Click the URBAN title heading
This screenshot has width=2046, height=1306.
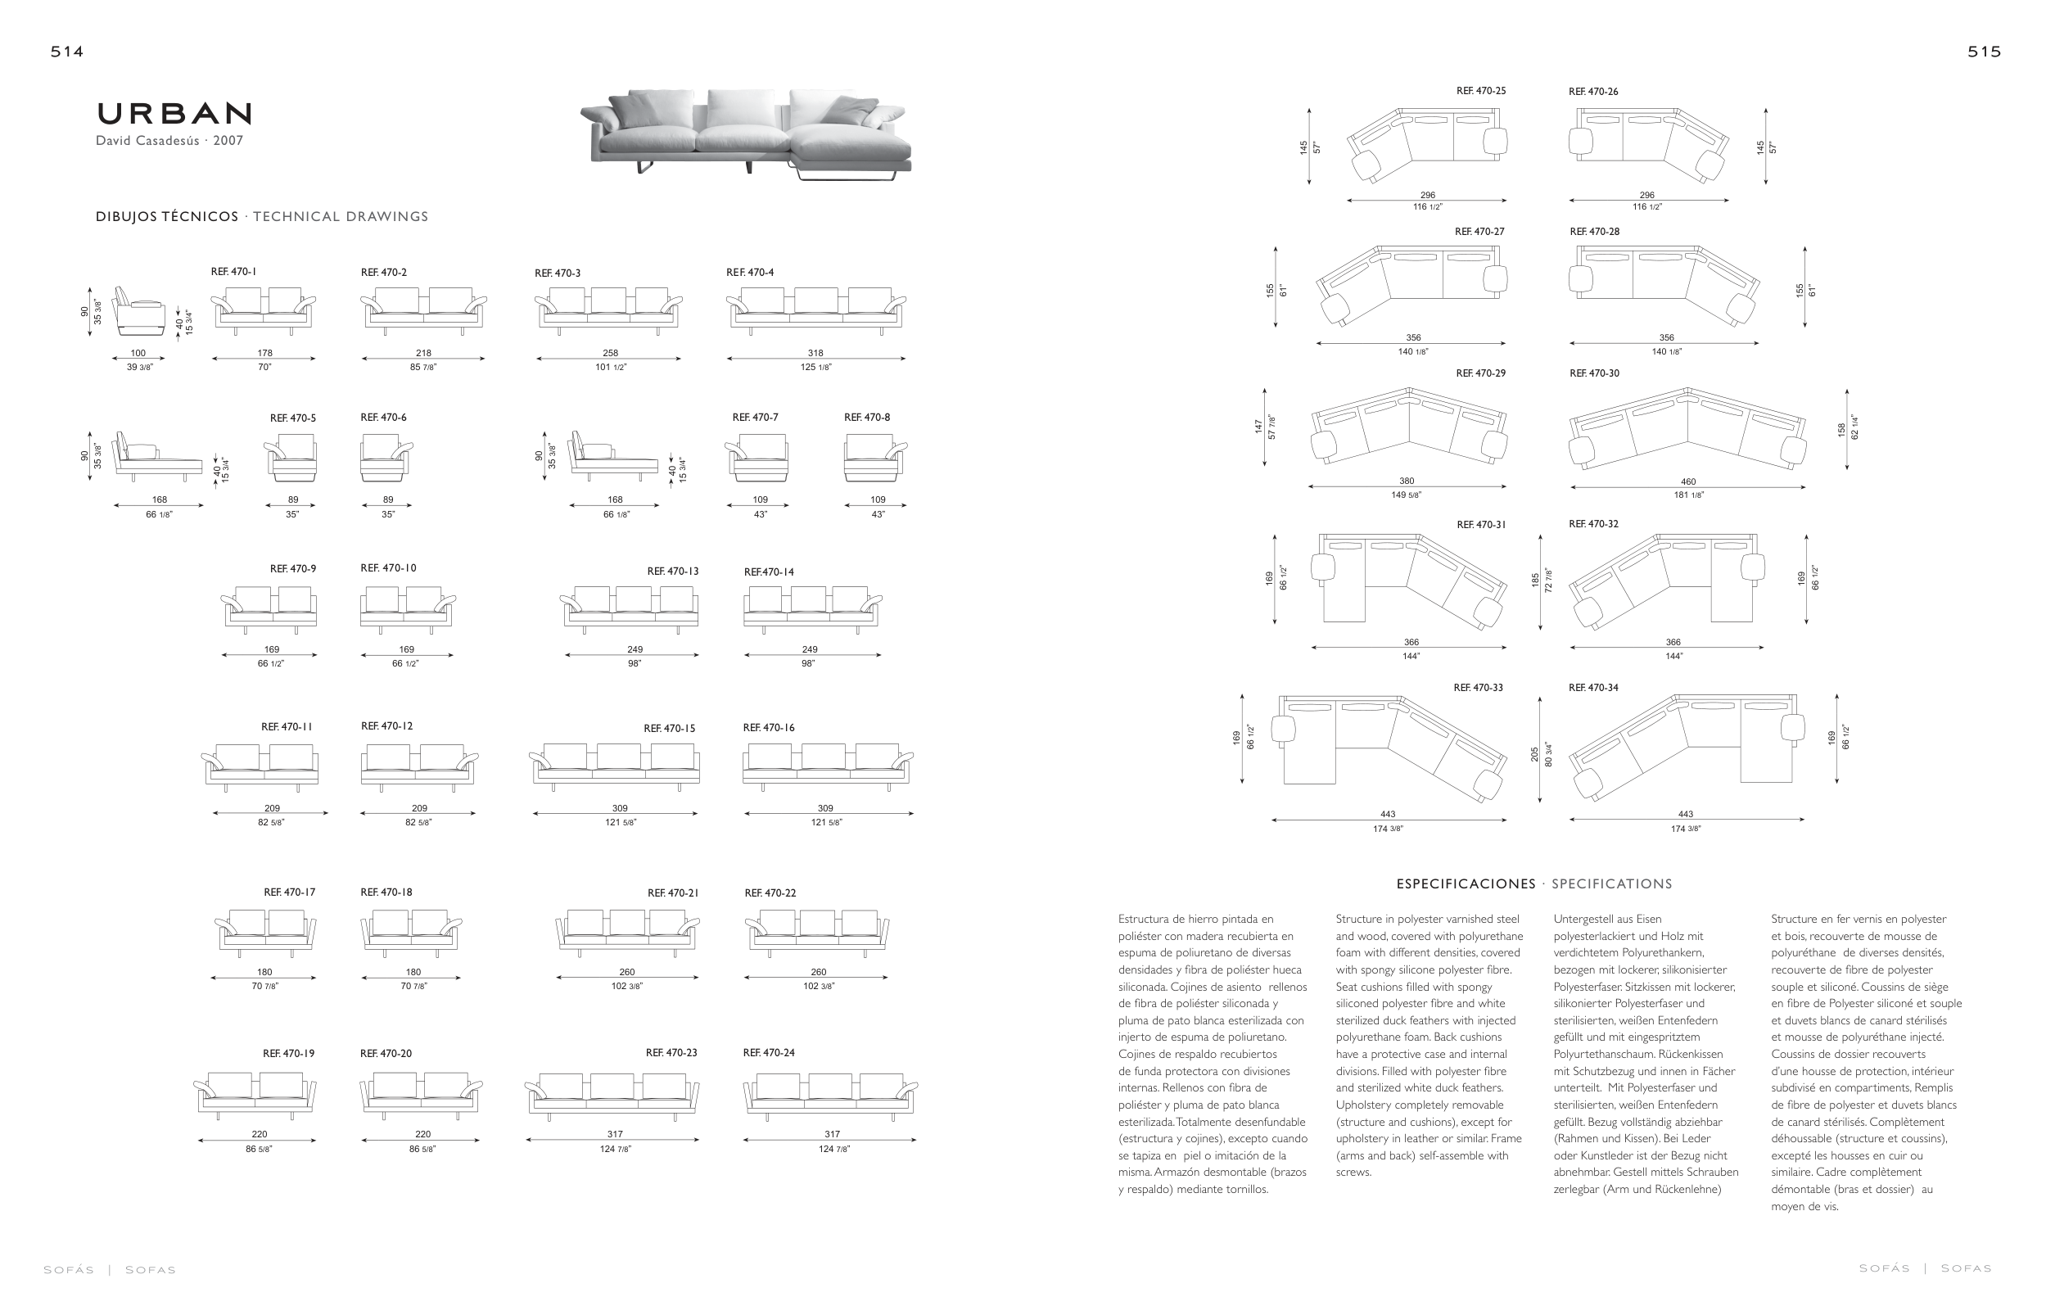click(x=174, y=114)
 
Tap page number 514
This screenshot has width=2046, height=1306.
click(x=67, y=52)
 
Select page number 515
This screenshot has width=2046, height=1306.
click(x=1984, y=52)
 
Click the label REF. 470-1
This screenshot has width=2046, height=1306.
click(x=233, y=272)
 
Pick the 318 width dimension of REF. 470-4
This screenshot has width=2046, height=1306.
click(x=815, y=353)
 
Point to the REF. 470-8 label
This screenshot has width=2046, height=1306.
click(x=867, y=418)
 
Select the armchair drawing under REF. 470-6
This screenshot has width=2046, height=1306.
click(x=386, y=457)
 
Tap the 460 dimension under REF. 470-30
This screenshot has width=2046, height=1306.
click(x=1687, y=481)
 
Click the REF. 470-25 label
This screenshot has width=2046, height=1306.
click(x=1480, y=91)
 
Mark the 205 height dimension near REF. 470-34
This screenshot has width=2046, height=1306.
click(x=1534, y=753)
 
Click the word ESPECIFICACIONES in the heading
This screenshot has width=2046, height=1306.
click(x=1466, y=883)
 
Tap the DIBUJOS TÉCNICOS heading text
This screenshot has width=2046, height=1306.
click(x=166, y=217)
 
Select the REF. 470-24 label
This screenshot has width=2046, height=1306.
click(x=768, y=1053)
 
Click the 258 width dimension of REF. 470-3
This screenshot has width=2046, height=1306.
click(x=610, y=353)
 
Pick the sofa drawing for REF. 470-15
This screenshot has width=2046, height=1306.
click(x=615, y=764)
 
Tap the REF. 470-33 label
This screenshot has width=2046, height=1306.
click(x=1478, y=688)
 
